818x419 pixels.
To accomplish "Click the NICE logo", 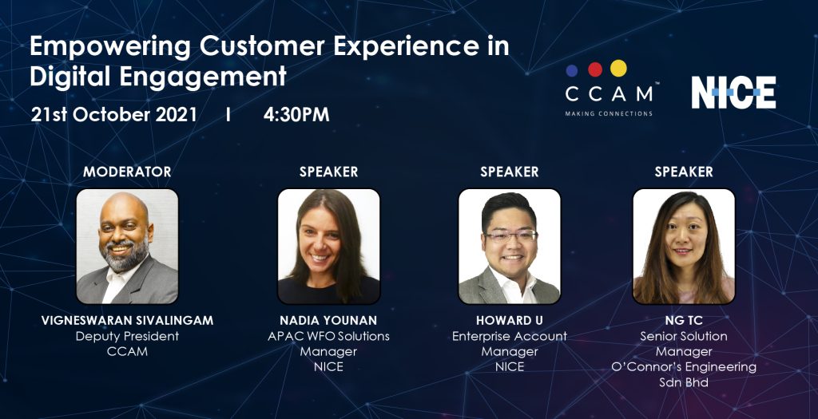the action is point(733,93).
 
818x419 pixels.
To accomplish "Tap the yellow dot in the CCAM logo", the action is point(618,69).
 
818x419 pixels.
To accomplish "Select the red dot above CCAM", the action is point(594,69).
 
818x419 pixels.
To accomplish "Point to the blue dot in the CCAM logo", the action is point(572,70).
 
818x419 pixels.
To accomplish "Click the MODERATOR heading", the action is point(127,172).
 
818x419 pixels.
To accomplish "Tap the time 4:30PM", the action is point(296,115).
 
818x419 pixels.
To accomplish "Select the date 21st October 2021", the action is point(113,115).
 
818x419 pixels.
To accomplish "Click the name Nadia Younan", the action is point(328,320).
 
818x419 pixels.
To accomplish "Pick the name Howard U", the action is point(509,320).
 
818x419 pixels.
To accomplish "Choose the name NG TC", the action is point(684,320).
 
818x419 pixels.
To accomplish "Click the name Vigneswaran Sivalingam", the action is point(127,320).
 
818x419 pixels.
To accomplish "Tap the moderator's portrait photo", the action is point(127,246).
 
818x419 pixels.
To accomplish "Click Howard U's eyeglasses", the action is point(510,236).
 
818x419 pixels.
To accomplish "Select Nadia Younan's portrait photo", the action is point(328,246).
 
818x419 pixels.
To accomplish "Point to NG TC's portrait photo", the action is point(684,246).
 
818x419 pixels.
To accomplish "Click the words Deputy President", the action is point(127,336).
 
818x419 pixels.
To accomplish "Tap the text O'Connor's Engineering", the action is point(684,367).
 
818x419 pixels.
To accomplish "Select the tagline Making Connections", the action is point(609,113).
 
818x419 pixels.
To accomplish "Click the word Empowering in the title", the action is point(110,46).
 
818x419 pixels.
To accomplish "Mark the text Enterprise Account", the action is point(509,336).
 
